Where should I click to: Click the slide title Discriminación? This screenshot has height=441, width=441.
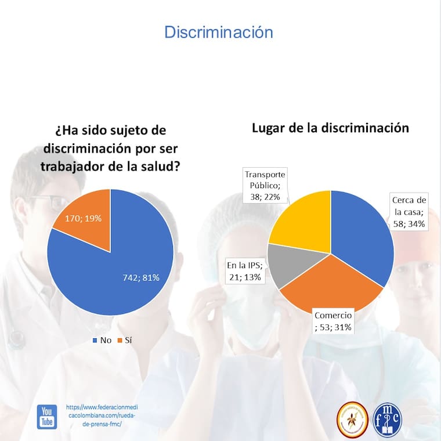point(218,32)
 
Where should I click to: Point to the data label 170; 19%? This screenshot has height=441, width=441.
point(77,219)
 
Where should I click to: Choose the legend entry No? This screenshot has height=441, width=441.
point(102,340)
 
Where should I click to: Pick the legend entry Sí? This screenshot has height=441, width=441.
point(125,340)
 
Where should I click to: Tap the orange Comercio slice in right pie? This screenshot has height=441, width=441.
point(325,284)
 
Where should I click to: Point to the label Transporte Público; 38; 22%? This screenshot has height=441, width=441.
point(266,185)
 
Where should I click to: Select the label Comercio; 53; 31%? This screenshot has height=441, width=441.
point(333,321)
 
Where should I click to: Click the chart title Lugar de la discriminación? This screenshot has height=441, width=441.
point(330,128)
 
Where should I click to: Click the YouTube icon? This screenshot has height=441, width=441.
point(47,417)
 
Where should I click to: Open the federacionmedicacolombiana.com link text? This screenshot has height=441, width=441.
point(102,415)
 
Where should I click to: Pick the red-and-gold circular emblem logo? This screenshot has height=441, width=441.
point(352,420)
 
